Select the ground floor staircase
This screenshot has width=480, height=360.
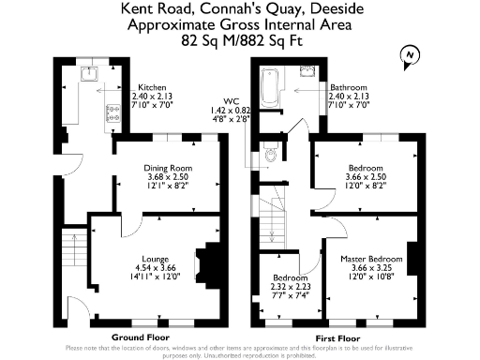[x=70, y=251]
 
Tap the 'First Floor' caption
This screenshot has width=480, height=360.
[x=337, y=336]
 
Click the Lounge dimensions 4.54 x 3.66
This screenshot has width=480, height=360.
[x=155, y=267]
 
